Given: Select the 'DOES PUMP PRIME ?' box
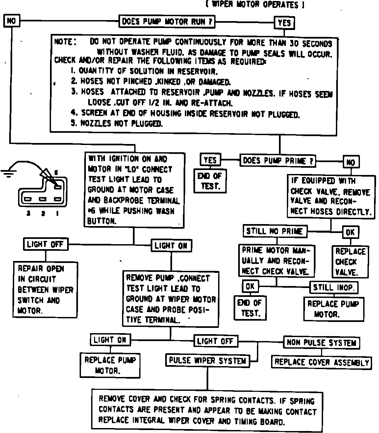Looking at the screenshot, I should click(x=278, y=161).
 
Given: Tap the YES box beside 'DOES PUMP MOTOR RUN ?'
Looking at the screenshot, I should click(x=284, y=23).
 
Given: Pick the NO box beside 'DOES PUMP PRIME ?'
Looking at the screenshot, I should click(x=351, y=162).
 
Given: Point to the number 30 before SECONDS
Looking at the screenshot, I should click(x=294, y=43).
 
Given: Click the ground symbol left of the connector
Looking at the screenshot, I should click(x=9, y=172).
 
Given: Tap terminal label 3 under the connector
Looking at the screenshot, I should click(x=29, y=214).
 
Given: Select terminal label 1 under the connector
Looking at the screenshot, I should click(x=57, y=214).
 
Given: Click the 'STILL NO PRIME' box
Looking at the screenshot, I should click(x=275, y=231).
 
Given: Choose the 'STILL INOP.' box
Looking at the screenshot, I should click(x=334, y=287).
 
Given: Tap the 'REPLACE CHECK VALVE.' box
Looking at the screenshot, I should click(x=350, y=262).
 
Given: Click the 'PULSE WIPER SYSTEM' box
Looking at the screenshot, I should click(x=207, y=361).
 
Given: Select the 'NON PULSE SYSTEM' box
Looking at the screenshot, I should click(x=321, y=343).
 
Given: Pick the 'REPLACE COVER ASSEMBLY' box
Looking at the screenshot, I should click(x=321, y=362).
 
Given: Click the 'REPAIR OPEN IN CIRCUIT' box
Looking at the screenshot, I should click(x=45, y=290).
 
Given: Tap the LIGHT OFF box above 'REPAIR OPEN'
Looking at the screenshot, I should click(x=45, y=244).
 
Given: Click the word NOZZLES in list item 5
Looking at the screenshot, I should click(x=96, y=124).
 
